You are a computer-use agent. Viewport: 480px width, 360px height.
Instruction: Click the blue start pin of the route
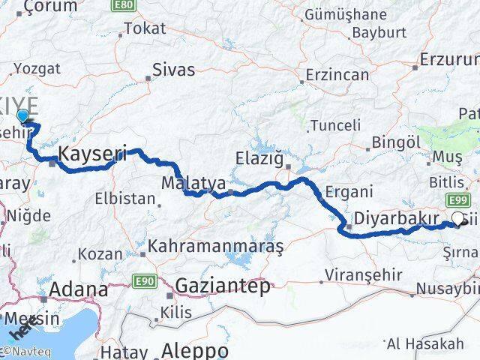(23, 115)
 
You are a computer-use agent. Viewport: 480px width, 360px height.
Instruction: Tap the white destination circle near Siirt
(457, 220)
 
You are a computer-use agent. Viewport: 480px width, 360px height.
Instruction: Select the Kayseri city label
(92, 154)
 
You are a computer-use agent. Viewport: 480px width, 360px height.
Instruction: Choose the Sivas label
(173, 70)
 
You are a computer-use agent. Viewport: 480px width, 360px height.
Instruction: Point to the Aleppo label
(195, 351)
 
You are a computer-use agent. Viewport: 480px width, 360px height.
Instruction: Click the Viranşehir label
(358, 276)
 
